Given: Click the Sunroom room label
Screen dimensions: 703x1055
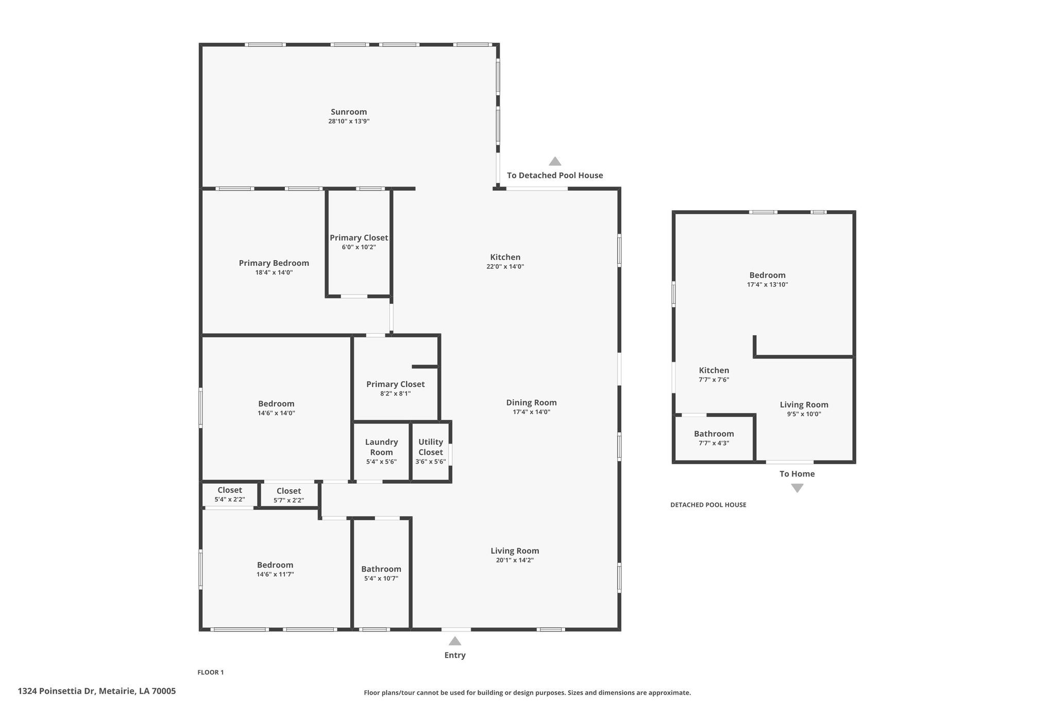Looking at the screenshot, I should pos(349,112).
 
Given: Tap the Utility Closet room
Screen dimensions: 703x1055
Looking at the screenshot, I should pos(431,451).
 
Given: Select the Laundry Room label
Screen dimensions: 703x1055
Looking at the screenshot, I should pos(381,447).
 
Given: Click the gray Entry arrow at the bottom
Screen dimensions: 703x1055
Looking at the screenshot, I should pos(455,641).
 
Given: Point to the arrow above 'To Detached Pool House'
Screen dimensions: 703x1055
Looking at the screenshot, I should pos(555,161).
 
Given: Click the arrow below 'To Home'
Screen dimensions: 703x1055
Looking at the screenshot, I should pos(797,488).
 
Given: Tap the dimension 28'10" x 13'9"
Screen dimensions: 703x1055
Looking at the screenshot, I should pos(349,122).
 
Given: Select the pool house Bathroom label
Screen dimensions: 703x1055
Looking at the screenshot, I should pos(713,434).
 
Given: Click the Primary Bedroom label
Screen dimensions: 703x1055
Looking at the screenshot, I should pos(274,263).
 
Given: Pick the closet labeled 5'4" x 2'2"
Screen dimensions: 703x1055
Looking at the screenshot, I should pos(229,494).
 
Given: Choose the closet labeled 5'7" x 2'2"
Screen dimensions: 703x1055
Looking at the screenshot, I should pos(288,495).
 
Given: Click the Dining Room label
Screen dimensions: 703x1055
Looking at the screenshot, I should pos(531,403).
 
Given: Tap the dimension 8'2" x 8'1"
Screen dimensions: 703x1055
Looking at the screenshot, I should pos(395,393).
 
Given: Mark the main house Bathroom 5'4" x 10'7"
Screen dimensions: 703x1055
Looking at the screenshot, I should pos(381,573).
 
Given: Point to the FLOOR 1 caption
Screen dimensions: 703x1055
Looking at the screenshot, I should pos(211,672).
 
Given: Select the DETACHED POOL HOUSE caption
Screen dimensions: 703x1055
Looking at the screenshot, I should pos(708,505).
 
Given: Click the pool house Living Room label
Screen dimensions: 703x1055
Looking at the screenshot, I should pos(804,405).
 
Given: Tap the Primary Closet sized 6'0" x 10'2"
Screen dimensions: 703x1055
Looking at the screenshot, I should pos(359,242).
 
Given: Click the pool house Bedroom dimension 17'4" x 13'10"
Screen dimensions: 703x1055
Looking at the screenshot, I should pos(767,285).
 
